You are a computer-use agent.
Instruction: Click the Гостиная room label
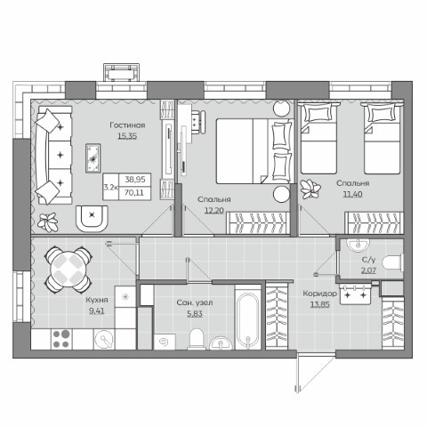coord(127,125)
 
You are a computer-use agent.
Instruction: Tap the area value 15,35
coord(127,136)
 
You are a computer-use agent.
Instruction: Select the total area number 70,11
coord(134,193)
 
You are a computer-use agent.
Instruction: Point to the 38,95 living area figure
coord(135,180)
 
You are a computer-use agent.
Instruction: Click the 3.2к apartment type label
coord(111,187)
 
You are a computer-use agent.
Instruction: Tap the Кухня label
coord(97,300)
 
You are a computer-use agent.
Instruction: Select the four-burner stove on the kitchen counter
coord(61,339)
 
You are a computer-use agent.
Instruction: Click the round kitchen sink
coord(104,339)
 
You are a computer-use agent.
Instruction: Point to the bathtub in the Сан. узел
coord(248,318)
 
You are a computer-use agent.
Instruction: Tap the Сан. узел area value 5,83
coord(195,313)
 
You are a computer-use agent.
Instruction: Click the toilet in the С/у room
coord(392,262)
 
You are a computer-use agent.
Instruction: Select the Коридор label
coord(320,294)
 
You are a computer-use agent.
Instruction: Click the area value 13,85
coord(320,304)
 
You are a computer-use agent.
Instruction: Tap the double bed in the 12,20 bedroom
coord(254,151)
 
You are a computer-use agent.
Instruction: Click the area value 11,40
coord(353,194)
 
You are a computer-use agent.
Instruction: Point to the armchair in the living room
coord(92,219)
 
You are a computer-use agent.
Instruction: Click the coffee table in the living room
coord(93,158)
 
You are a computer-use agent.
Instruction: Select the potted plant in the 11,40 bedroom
coord(310,189)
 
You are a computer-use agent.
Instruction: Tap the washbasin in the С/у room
coord(359,245)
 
